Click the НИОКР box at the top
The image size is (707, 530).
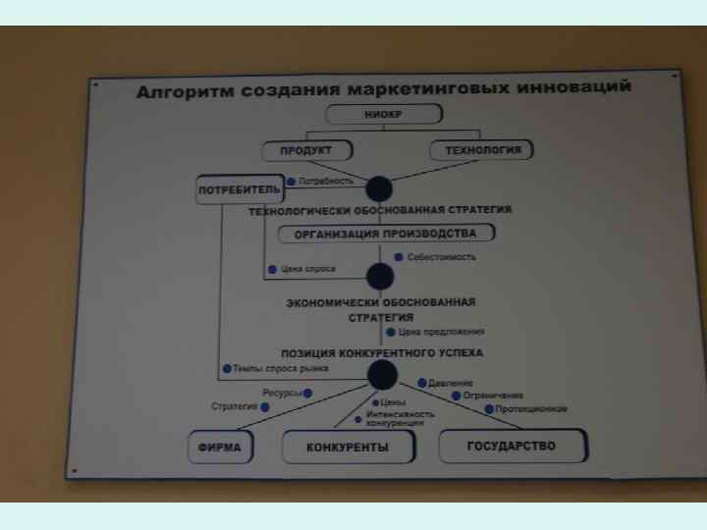click(377, 115)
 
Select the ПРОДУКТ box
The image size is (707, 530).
click(306, 150)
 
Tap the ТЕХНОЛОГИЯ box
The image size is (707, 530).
click(482, 150)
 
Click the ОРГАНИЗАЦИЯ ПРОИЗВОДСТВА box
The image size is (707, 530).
click(385, 234)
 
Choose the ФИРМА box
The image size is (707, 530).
click(219, 447)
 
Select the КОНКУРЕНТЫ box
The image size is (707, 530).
click(348, 448)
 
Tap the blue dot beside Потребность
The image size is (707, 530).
click(292, 182)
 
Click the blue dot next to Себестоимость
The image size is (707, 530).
click(399, 257)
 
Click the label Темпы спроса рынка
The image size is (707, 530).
click(280, 369)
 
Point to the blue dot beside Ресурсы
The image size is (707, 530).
click(307, 393)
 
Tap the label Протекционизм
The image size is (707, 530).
click(531, 408)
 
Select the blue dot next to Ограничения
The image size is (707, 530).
click(456, 396)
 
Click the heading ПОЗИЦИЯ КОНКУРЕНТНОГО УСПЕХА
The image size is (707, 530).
click(382, 352)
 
